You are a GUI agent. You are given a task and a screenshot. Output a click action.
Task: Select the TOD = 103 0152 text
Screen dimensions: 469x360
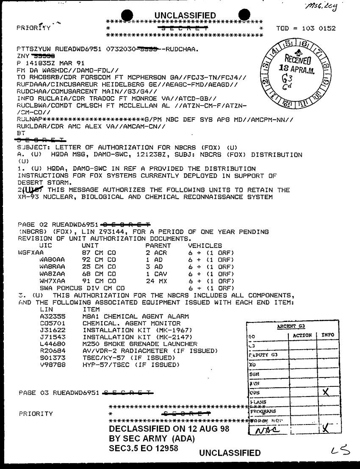click(306, 29)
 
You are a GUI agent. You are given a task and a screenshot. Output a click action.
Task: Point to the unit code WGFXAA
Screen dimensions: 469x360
click(31, 253)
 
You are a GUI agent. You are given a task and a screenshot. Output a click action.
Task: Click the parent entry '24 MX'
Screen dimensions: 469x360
click(155, 281)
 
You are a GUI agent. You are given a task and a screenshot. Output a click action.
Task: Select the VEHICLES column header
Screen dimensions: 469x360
click(205, 246)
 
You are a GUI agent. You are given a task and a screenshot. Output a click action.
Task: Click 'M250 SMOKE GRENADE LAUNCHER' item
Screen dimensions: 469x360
click(140, 344)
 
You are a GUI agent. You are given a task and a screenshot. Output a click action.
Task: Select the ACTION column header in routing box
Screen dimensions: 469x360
click(302, 335)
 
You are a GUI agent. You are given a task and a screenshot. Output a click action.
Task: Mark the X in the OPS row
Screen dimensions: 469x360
click(326, 392)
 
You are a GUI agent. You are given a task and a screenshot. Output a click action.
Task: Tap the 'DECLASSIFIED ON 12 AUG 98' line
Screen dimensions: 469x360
click(169, 429)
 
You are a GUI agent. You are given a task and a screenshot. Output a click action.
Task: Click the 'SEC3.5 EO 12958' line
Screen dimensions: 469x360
click(143, 448)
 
